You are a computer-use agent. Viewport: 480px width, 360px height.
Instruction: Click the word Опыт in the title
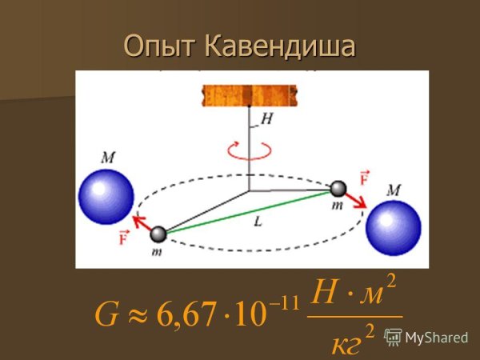(x=160, y=47)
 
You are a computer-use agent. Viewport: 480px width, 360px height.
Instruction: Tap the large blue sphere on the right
(x=393, y=228)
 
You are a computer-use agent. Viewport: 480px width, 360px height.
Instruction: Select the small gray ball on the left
(x=158, y=234)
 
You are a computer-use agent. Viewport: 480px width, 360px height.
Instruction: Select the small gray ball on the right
(x=339, y=189)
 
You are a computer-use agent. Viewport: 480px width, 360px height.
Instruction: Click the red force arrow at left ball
(x=142, y=224)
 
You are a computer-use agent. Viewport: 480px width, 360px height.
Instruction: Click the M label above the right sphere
(x=393, y=190)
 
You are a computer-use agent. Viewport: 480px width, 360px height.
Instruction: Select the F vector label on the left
(x=124, y=236)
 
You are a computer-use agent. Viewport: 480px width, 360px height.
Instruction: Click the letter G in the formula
(x=106, y=314)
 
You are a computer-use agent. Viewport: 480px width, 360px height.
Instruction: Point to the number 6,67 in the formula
(x=186, y=314)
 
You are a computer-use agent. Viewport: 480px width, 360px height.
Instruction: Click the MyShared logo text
(x=436, y=337)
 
